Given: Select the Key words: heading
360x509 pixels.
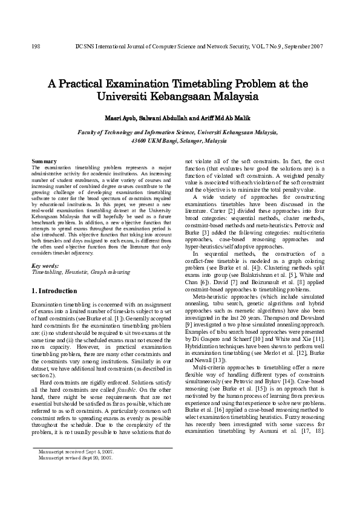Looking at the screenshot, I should click(x=45, y=265).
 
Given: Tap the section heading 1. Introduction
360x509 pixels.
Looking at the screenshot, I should click(x=54, y=291).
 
